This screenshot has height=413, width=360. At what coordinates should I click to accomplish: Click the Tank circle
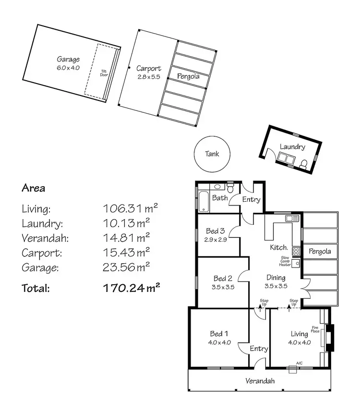(212, 154)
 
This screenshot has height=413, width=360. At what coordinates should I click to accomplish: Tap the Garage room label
(68, 60)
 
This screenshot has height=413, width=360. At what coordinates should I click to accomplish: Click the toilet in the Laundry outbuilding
(303, 165)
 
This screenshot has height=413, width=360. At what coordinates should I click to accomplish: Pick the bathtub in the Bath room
(203, 201)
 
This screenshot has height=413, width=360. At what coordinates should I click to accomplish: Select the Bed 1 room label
(218, 334)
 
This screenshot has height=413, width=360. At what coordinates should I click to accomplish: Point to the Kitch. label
(278, 247)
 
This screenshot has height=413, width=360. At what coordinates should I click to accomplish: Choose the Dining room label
(276, 278)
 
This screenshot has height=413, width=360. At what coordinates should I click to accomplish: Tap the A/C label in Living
(299, 363)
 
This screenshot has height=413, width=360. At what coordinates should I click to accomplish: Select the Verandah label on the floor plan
(260, 381)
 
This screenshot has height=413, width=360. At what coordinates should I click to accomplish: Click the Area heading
(33, 188)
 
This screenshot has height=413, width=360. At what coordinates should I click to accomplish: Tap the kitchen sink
(289, 219)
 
